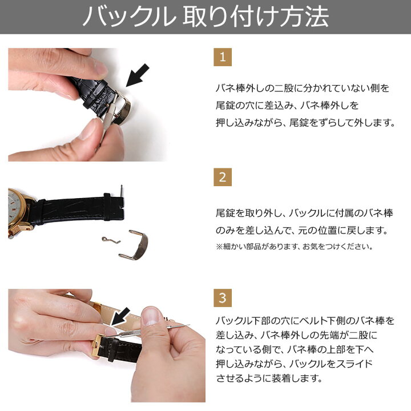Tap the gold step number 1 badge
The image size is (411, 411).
pos(223,58)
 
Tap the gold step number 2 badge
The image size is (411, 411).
pos(223,177)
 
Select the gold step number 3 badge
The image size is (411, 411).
pos(223,297)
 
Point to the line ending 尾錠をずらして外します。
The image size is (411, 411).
pos(305,123)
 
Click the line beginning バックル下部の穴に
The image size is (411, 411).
pos(305,320)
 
